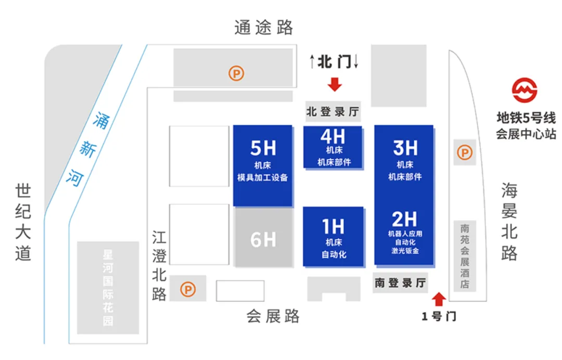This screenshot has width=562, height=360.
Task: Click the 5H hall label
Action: [263, 149]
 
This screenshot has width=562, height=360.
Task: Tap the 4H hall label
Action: [333, 136]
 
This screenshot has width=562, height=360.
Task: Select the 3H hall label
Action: [405, 148]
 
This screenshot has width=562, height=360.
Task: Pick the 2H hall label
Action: [404, 219]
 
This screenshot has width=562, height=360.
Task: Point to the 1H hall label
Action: [333, 227]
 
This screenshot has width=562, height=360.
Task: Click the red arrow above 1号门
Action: [439, 299]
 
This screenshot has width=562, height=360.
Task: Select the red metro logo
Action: [524, 91]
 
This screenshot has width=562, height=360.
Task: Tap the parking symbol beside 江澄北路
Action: [188, 289]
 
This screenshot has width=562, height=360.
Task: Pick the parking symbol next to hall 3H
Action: [464, 153]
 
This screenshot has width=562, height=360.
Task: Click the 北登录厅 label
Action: [333, 111]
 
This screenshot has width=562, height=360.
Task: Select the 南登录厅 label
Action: [401, 283]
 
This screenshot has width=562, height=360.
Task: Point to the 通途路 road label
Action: [264, 28]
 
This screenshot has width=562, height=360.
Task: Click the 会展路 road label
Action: [273, 316]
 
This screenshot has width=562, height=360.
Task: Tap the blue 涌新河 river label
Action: [86, 150]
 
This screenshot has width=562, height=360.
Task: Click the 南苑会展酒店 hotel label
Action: [465, 256]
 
